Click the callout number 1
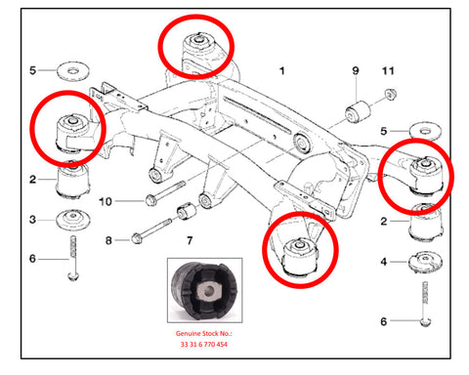(x=282, y=70)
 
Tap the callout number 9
(x=356, y=70)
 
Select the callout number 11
(x=388, y=70)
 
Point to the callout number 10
(x=106, y=201)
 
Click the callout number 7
(x=190, y=240)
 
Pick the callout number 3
(x=32, y=220)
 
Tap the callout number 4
(x=384, y=262)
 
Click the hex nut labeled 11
(x=390, y=94)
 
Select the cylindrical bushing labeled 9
(x=358, y=112)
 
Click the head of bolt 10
(x=150, y=200)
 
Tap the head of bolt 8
(x=137, y=239)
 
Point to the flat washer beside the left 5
(x=73, y=70)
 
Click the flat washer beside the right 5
(x=425, y=131)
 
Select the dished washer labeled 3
(x=73, y=219)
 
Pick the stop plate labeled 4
(x=425, y=262)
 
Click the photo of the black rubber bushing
(x=205, y=290)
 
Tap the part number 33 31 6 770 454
(x=204, y=344)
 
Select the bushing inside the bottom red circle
(x=300, y=257)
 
